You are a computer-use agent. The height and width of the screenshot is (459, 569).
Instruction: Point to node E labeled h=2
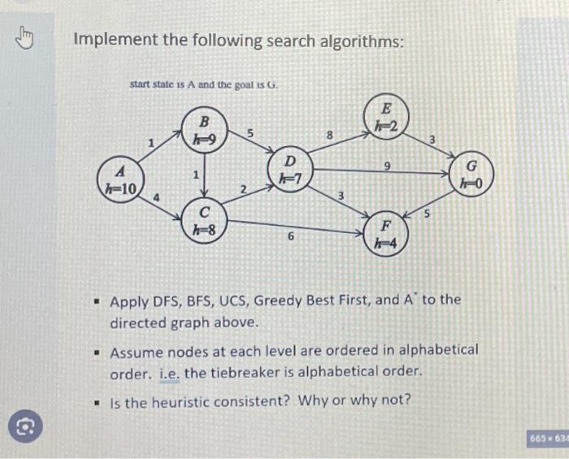(387, 118)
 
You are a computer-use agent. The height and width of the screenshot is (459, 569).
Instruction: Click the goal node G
(469, 176)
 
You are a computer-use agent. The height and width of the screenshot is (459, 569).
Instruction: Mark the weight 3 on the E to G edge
(432, 141)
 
